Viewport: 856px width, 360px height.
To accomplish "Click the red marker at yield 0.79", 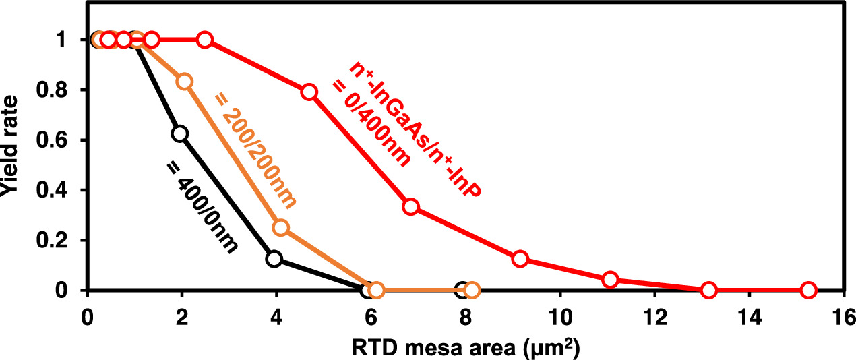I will [309, 92].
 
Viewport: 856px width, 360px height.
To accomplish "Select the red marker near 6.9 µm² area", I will [411, 206].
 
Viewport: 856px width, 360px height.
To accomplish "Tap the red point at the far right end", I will [808, 291].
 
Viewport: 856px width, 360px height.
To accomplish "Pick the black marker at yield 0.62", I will [181, 133].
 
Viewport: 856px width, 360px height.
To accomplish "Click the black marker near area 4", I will [274, 259].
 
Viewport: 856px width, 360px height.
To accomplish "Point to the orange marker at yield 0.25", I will [281, 228].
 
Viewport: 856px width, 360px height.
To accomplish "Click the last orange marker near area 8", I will [472, 291].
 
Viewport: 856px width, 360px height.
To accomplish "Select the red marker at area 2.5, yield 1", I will [206, 40].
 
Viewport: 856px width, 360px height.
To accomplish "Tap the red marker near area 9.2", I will [520, 259].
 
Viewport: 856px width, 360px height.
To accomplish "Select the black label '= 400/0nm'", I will [202, 206].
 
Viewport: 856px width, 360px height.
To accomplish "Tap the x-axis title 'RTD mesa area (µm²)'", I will [466, 349].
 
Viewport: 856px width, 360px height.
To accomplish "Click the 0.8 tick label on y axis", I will [61, 90].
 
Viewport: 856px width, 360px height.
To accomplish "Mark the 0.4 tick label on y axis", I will [61, 190].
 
